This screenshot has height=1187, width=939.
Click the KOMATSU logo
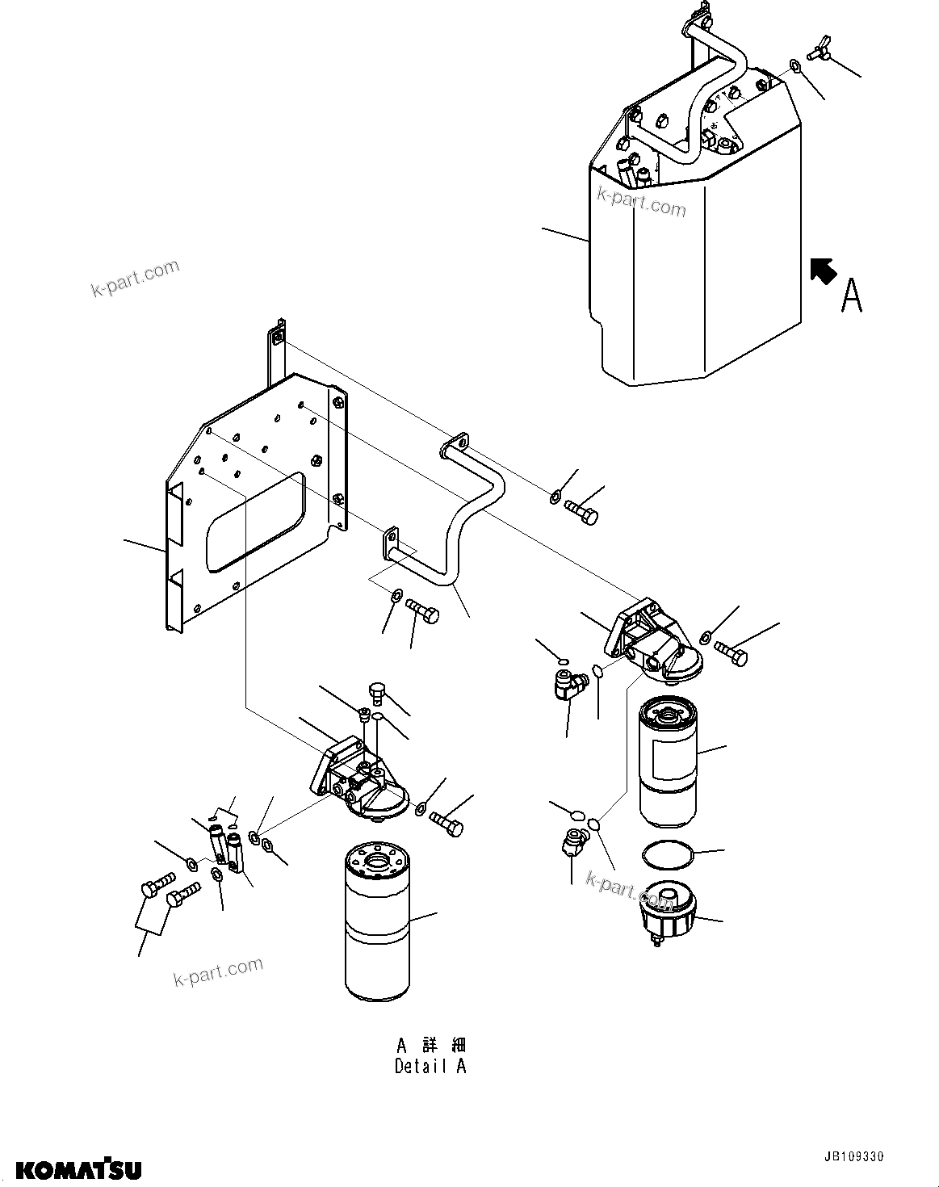79,1168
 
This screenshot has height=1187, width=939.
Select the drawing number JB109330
881,1157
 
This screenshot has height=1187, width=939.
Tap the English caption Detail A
430,1066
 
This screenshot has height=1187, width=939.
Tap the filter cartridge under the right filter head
667,763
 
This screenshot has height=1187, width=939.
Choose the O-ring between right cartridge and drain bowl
667,853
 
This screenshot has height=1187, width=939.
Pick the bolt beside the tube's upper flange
582,512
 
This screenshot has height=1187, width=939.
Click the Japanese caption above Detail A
430,1045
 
